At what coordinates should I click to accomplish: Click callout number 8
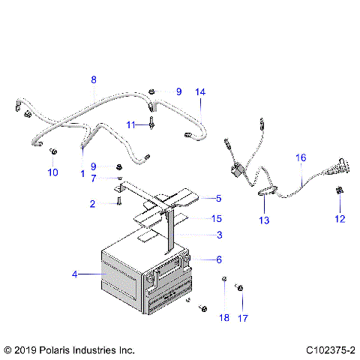pyautogui.click(x=94, y=79)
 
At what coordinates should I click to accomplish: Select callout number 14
pyautogui.click(x=199, y=91)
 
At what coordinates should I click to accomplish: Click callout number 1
pyautogui.click(x=82, y=173)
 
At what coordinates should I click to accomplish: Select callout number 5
pyautogui.click(x=218, y=199)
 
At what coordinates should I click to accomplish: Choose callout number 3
pyautogui.click(x=218, y=235)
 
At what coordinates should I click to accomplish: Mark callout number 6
pyautogui.click(x=218, y=259)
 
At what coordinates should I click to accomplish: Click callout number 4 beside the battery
pyautogui.click(x=74, y=275)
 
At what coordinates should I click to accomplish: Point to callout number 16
pyautogui.click(x=301, y=159)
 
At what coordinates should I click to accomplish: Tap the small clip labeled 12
pyautogui.click(x=338, y=192)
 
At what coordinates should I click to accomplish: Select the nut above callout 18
pyautogui.click(x=223, y=280)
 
